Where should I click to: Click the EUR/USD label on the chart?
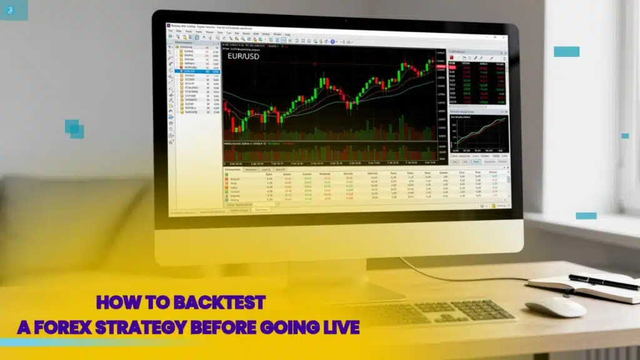tap(244, 56)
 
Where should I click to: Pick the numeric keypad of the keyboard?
tap(481, 309)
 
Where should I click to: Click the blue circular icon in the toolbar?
tap(333, 41)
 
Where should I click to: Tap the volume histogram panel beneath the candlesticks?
tap(331, 151)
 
